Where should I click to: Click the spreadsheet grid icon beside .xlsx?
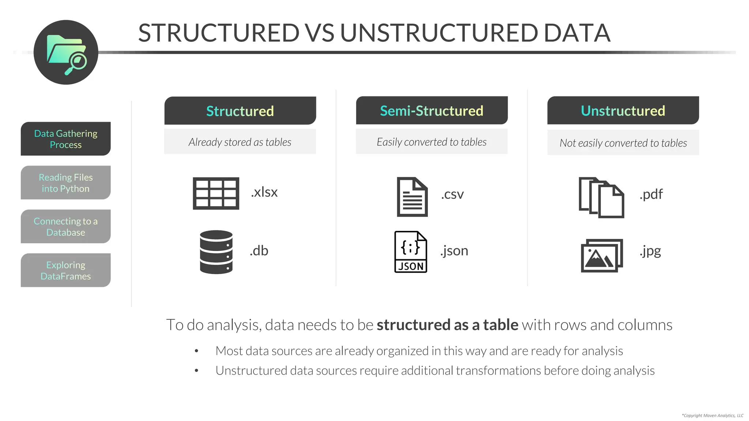click(216, 193)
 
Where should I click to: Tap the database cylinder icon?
click(216, 252)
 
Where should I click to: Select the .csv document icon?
click(412, 197)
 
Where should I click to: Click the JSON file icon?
click(411, 252)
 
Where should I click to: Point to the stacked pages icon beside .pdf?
click(601, 197)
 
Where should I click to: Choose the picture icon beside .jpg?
click(602, 255)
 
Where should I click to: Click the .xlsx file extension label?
click(264, 192)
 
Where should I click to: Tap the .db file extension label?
click(259, 251)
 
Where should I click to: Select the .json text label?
click(454, 251)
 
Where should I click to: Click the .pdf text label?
click(651, 194)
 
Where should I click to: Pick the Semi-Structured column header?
click(432, 111)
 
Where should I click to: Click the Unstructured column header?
click(623, 111)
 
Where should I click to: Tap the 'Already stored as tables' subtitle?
click(240, 142)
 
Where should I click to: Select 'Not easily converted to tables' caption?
click(623, 143)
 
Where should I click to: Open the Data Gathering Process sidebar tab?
click(66, 139)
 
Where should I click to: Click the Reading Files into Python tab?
click(66, 183)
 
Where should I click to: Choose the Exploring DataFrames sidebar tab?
click(66, 270)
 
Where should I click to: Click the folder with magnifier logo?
click(66, 53)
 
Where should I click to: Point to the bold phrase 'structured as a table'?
click(447, 325)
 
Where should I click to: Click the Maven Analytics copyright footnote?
click(712, 416)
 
